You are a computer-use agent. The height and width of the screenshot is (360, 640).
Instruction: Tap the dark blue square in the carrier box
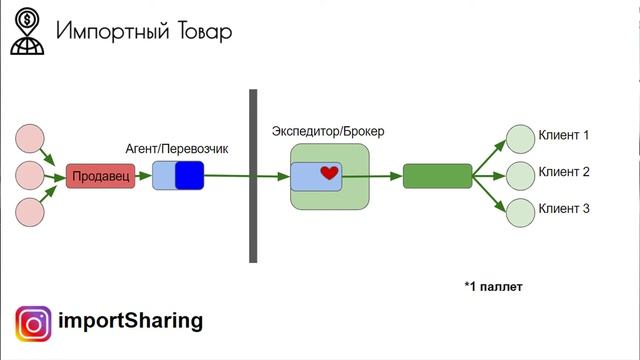[188, 176]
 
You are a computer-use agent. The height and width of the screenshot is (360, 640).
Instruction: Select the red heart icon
[329, 173]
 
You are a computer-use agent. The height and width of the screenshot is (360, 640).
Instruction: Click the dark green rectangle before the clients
[437, 176]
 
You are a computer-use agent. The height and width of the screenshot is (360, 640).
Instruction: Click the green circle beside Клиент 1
[520, 137]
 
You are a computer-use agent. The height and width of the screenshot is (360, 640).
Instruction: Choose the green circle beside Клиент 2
[520, 174]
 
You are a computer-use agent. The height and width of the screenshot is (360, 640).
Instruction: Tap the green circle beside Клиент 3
[520, 211]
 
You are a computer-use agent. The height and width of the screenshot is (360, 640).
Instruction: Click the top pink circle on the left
[31, 138]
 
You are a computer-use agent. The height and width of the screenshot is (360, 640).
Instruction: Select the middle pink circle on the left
[31, 176]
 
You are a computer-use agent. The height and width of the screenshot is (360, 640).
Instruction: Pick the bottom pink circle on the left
[31, 213]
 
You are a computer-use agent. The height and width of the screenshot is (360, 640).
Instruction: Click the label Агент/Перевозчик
[177, 148]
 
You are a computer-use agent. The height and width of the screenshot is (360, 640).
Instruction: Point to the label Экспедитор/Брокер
[328, 131]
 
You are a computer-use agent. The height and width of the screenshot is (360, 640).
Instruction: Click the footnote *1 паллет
[493, 287]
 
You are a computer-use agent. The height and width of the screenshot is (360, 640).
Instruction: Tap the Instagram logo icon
[32, 324]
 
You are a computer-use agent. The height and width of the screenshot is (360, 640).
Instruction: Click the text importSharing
[131, 321]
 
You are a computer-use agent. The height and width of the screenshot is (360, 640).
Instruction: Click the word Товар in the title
[202, 32]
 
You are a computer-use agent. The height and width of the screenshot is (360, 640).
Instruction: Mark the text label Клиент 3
[564, 209]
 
